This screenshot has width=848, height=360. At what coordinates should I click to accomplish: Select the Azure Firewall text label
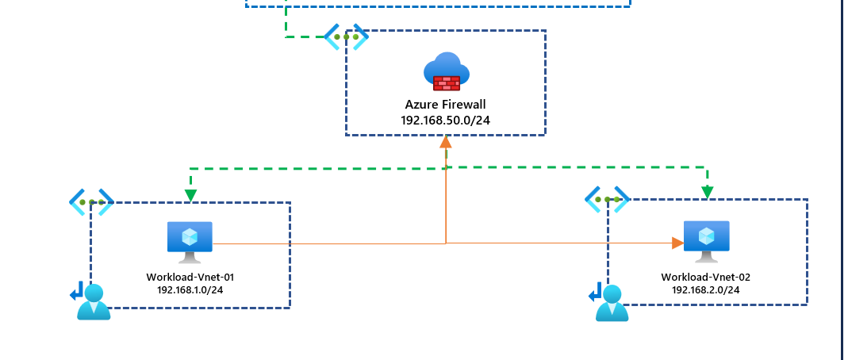coord(445,104)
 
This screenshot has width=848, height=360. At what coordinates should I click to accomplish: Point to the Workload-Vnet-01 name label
coord(190,277)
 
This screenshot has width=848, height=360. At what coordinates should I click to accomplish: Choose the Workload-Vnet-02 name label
coord(705,277)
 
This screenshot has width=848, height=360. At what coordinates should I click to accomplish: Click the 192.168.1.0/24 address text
coord(190,290)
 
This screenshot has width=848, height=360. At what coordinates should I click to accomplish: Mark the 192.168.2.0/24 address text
coord(705,290)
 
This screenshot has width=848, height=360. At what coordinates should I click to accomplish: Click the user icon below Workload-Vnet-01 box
coord(94,302)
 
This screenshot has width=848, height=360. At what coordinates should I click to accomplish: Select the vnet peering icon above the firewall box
coord(346,36)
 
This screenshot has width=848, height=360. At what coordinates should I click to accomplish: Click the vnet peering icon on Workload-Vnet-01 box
coord(91,202)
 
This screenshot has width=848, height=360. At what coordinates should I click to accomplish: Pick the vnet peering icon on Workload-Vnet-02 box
coord(607,199)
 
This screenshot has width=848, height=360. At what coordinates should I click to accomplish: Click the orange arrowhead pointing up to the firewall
coord(446,141)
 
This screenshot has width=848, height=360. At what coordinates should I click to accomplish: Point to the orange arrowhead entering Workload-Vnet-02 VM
coord(677,243)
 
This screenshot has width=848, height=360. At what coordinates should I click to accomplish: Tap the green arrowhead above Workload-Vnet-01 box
coord(190,194)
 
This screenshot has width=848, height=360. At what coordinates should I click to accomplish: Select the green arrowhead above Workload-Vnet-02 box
coord(707,192)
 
